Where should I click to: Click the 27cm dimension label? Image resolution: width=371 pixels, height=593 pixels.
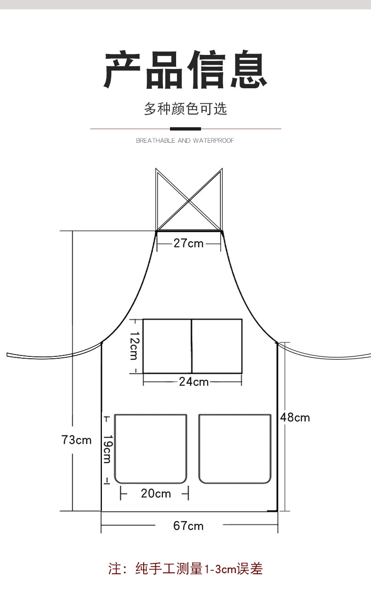(188, 243)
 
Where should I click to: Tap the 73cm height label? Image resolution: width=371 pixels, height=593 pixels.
(76, 440)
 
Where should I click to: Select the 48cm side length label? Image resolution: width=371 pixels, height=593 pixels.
(295, 417)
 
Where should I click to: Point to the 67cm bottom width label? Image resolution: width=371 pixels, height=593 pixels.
(188, 526)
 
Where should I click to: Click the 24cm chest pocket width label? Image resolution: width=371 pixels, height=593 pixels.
(194, 382)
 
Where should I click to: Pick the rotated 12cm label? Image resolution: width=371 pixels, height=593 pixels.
(134, 346)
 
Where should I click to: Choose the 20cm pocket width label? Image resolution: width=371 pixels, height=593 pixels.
(156, 493)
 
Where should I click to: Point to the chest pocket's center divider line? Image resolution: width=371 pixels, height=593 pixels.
(192, 347)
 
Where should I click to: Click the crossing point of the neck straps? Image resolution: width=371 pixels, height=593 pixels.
(189, 201)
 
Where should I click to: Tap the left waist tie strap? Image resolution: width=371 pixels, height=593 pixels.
(53, 357)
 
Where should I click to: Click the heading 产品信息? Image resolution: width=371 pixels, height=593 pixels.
(185, 69)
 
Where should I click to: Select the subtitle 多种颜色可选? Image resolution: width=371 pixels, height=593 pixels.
(185, 108)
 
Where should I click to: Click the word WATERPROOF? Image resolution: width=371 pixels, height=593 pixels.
(213, 140)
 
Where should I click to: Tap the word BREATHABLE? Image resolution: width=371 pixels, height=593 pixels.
(156, 140)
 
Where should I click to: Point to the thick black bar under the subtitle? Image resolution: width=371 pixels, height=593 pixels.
(185, 129)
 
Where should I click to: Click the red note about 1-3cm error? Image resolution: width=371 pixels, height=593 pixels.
(185, 569)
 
